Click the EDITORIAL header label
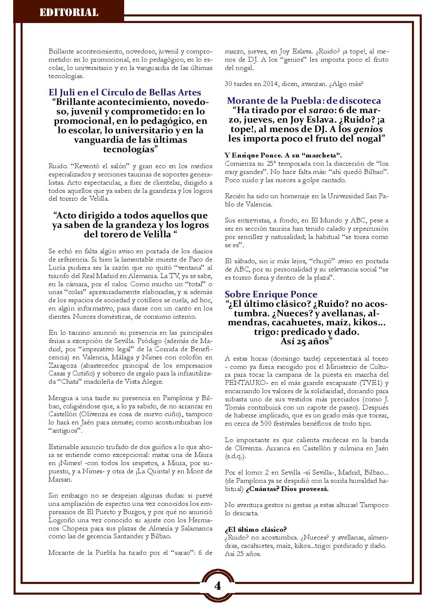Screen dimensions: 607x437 click(69, 13)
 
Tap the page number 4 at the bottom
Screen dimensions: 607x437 click(217, 586)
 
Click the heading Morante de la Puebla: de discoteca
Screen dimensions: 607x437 click(304, 101)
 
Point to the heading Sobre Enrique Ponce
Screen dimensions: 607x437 click(271, 294)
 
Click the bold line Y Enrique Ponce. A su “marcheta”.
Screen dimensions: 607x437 click(283, 155)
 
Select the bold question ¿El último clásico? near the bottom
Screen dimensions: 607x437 click(256, 529)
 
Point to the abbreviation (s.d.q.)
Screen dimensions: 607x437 click(235, 456)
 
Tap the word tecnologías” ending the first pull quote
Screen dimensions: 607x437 click(130, 149)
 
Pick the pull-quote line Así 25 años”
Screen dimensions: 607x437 click(306, 341)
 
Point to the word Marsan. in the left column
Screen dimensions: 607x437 click(60, 480)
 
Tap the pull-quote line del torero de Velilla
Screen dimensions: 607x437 click(130, 234)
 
